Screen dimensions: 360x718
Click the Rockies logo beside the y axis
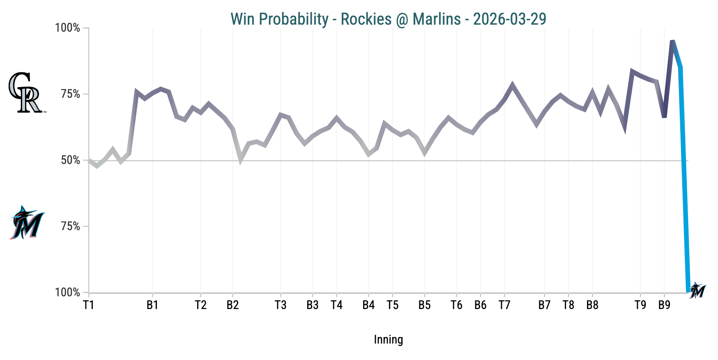coord(25,92)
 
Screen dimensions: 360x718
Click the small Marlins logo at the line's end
coord(697,290)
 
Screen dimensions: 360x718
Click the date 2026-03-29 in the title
coord(509,19)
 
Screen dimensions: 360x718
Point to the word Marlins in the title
coord(437,19)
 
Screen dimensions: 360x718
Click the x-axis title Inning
coord(388,339)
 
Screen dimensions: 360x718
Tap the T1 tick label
coord(89,305)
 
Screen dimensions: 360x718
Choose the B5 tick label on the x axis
coord(424,305)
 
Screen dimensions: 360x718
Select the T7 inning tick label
coord(504,305)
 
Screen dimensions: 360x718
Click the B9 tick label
coord(664,305)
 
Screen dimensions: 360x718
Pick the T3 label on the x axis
coord(281,305)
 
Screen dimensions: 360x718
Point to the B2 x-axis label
coord(232,305)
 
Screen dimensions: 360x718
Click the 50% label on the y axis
coord(70,160)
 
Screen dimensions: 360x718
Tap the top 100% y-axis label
coord(67,28)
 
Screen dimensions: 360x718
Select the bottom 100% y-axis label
coord(67,293)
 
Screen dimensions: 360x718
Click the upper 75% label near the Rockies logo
coord(70,94)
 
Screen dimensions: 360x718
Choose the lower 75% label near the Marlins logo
coord(70,226)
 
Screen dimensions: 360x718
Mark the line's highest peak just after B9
coord(672,41)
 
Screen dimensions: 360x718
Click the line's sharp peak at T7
coord(512,85)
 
